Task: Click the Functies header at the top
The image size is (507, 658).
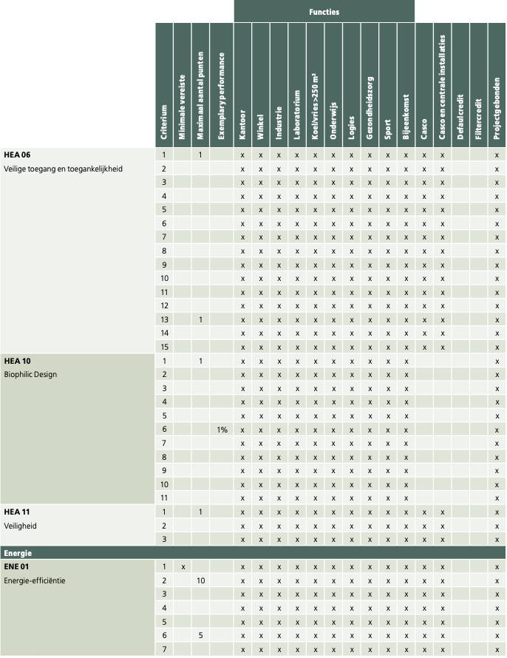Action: click(324, 12)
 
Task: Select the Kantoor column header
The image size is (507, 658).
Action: click(242, 125)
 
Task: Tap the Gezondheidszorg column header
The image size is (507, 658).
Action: click(370, 108)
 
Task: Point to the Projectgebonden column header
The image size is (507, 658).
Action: click(497, 108)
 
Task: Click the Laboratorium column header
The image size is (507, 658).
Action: click(297, 115)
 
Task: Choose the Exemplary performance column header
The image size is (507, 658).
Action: click(222, 95)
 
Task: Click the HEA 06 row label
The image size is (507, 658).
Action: click(17, 155)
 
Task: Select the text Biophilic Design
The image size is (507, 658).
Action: click(30, 374)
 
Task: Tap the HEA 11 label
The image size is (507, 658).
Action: click(17, 512)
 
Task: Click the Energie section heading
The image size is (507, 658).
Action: click(18, 553)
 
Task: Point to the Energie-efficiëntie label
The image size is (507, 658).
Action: click(35, 581)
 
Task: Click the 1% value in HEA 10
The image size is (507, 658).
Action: click(222, 430)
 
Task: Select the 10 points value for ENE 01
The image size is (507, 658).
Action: click(200, 581)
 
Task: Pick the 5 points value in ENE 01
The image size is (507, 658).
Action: click(200, 635)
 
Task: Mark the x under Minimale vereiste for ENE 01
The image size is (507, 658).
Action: click(183, 567)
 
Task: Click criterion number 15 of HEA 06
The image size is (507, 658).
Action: click(164, 347)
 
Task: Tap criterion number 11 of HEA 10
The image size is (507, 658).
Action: click(164, 498)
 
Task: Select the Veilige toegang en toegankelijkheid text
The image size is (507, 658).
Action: click(63, 169)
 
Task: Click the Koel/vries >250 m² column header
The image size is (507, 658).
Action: click(315, 106)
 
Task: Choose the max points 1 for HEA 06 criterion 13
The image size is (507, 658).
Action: click(200, 320)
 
